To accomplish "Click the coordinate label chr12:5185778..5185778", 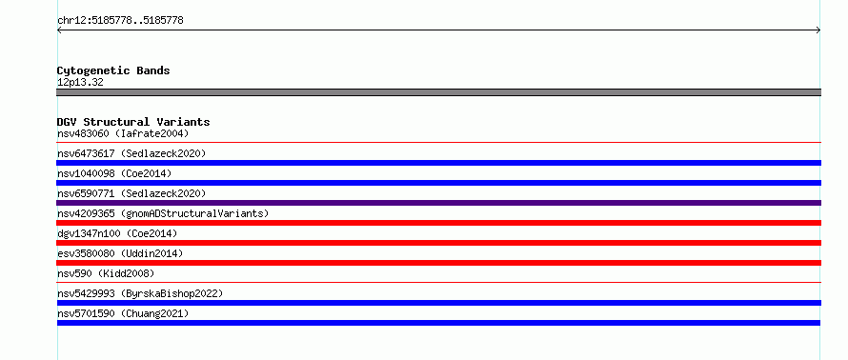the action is [x=120, y=21].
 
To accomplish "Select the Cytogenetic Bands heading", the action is [x=113, y=70].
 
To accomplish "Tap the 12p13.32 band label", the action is [x=80, y=83].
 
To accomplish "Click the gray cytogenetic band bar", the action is [x=438, y=92].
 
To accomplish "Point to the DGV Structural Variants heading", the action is [x=133, y=122].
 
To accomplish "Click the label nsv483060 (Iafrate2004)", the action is [x=123, y=133].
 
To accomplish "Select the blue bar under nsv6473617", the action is [x=438, y=163].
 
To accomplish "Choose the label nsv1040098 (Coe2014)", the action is [x=114, y=173].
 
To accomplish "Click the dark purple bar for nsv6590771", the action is [x=438, y=203].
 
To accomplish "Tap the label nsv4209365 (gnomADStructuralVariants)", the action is [x=163, y=213].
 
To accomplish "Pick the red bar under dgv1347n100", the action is [x=438, y=243].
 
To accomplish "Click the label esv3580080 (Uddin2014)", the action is [x=120, y=253].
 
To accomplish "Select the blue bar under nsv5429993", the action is [x=438, y=303].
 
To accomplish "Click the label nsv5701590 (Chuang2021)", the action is [x=123, y=313].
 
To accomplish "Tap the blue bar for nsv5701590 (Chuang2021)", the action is [x=438, y=323].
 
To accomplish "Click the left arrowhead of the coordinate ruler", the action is [x=58, y=30].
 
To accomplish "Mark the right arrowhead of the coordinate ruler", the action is [x=819, y=30].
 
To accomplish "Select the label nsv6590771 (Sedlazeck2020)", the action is [x=131, y=193].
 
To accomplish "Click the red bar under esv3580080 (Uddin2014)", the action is [x=438, y=263].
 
